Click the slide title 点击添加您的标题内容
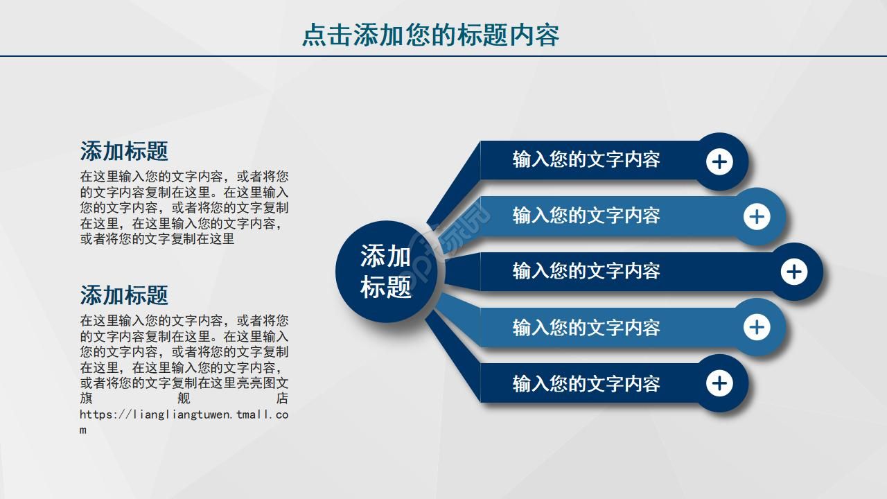click(430, 35)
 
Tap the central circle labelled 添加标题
click(386, 272)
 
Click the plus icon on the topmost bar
click(719, 162)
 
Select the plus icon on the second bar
click(757, 217)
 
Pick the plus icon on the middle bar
click(794, 272)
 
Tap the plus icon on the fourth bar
click(757, 327)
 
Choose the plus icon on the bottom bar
click(719, 383)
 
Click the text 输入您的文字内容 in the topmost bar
click(586, 159)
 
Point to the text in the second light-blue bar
click(586, 216)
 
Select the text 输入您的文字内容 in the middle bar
click(586, 271)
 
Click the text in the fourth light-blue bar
click(586, 327)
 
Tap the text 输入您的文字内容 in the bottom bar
click(586, 383)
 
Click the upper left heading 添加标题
click(124, 151)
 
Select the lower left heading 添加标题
click(124, 295)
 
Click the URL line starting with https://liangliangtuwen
click(184, 414)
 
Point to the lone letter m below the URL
click(83, 430)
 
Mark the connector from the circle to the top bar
click(454, 184)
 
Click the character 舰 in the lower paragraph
click(184, 399)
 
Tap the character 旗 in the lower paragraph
click(86, 399)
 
